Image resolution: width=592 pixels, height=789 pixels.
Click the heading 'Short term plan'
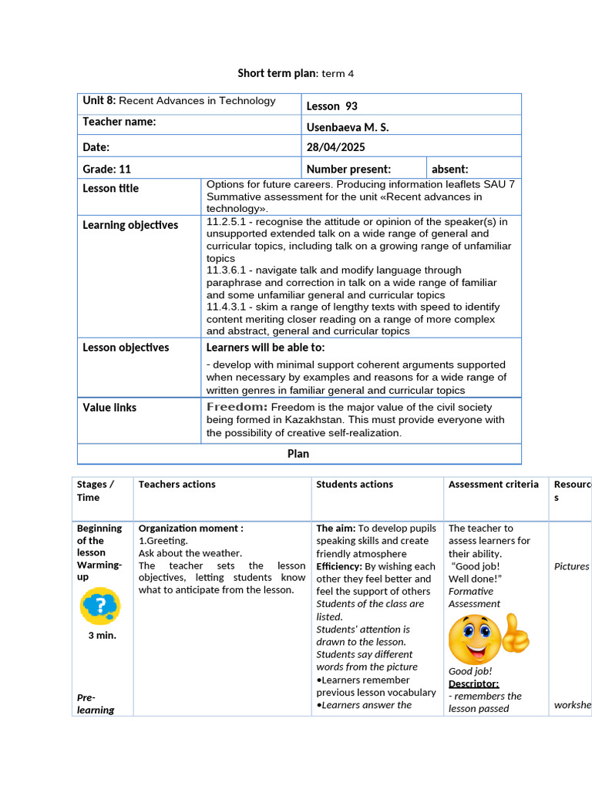pyautogui.click(x=276, y=73)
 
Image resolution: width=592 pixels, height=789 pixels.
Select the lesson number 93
pyautogui.click(x=332, y=106)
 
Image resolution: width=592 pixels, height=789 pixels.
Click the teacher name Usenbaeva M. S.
pyautogui.click(x=348, y=126)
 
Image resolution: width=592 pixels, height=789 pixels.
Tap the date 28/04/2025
pyautogui.click(x=336, y=147)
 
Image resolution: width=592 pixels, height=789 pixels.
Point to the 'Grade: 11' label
pyautogui.click(x=107, y=169)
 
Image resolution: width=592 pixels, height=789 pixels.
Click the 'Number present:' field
pyautogui.click(x=348, y=169)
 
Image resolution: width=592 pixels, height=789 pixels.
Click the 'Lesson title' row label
pyautogui.click(x=111, y=188)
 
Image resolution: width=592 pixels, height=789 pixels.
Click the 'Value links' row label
pyautogui.click(x=109, y=407)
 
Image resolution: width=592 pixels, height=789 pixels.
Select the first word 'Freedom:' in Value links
pyautogui.click(x=237, y=407)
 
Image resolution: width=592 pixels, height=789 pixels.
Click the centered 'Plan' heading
pyautogui.click(x=298, y=454)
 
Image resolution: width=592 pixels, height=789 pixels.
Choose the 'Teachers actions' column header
pyautogui.click(x=177, y=485)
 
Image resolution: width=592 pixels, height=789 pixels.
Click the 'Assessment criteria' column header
pyautogui.click(x=493, y=485)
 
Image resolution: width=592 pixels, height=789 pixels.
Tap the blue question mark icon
pyautogui.click(x=100, y=606)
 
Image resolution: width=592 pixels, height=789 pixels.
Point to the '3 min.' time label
pyautogui.click(x=102, y=636)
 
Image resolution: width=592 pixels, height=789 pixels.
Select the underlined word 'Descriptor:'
pyautogui.click(x=473, y=683)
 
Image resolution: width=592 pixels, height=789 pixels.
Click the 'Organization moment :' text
pyautogui.click(x=190, y=529)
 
